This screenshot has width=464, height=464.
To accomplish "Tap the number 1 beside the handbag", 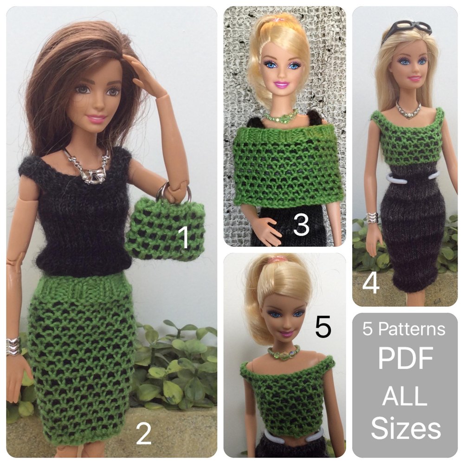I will pos(185,237).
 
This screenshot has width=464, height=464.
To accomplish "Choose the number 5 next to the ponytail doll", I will pos(323,327).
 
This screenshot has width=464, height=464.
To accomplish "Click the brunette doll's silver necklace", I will pos(90,169).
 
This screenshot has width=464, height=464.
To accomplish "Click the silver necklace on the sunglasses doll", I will pos(408,110).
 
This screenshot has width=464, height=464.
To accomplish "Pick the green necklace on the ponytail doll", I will pos(284,353).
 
